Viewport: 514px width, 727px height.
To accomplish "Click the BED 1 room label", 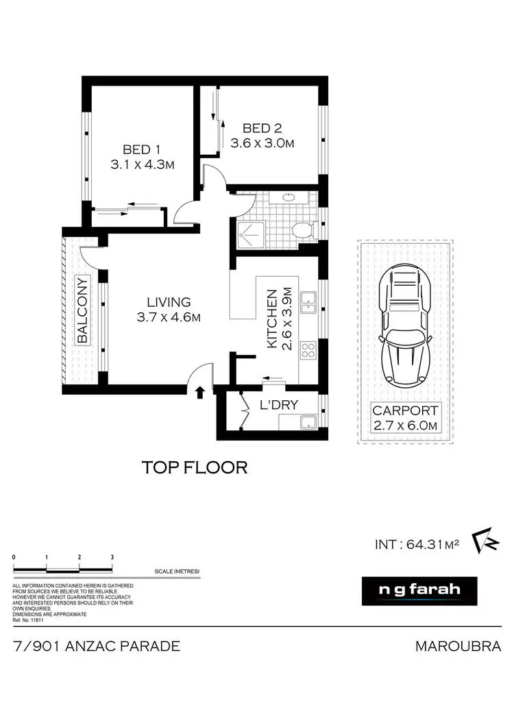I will tap(142, 149).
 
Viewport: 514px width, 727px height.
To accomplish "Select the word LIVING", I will tap(168, 301).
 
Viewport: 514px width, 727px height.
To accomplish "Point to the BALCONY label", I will tap(83, 310).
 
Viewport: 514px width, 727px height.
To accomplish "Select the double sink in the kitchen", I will tap(309, 302).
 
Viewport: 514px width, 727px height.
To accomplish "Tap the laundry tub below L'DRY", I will tap(308, 421).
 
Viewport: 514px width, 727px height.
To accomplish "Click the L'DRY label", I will tap(279, 405).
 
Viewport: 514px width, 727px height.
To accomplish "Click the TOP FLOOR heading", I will tap(194, 468).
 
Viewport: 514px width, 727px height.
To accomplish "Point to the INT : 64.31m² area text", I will tap(416, 545).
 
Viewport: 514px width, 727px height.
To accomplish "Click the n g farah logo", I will tap(419, 590).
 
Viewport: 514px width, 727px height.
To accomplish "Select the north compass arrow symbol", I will tap(484, 541).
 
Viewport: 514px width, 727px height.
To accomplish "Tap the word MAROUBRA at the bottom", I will tap(458, 646).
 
